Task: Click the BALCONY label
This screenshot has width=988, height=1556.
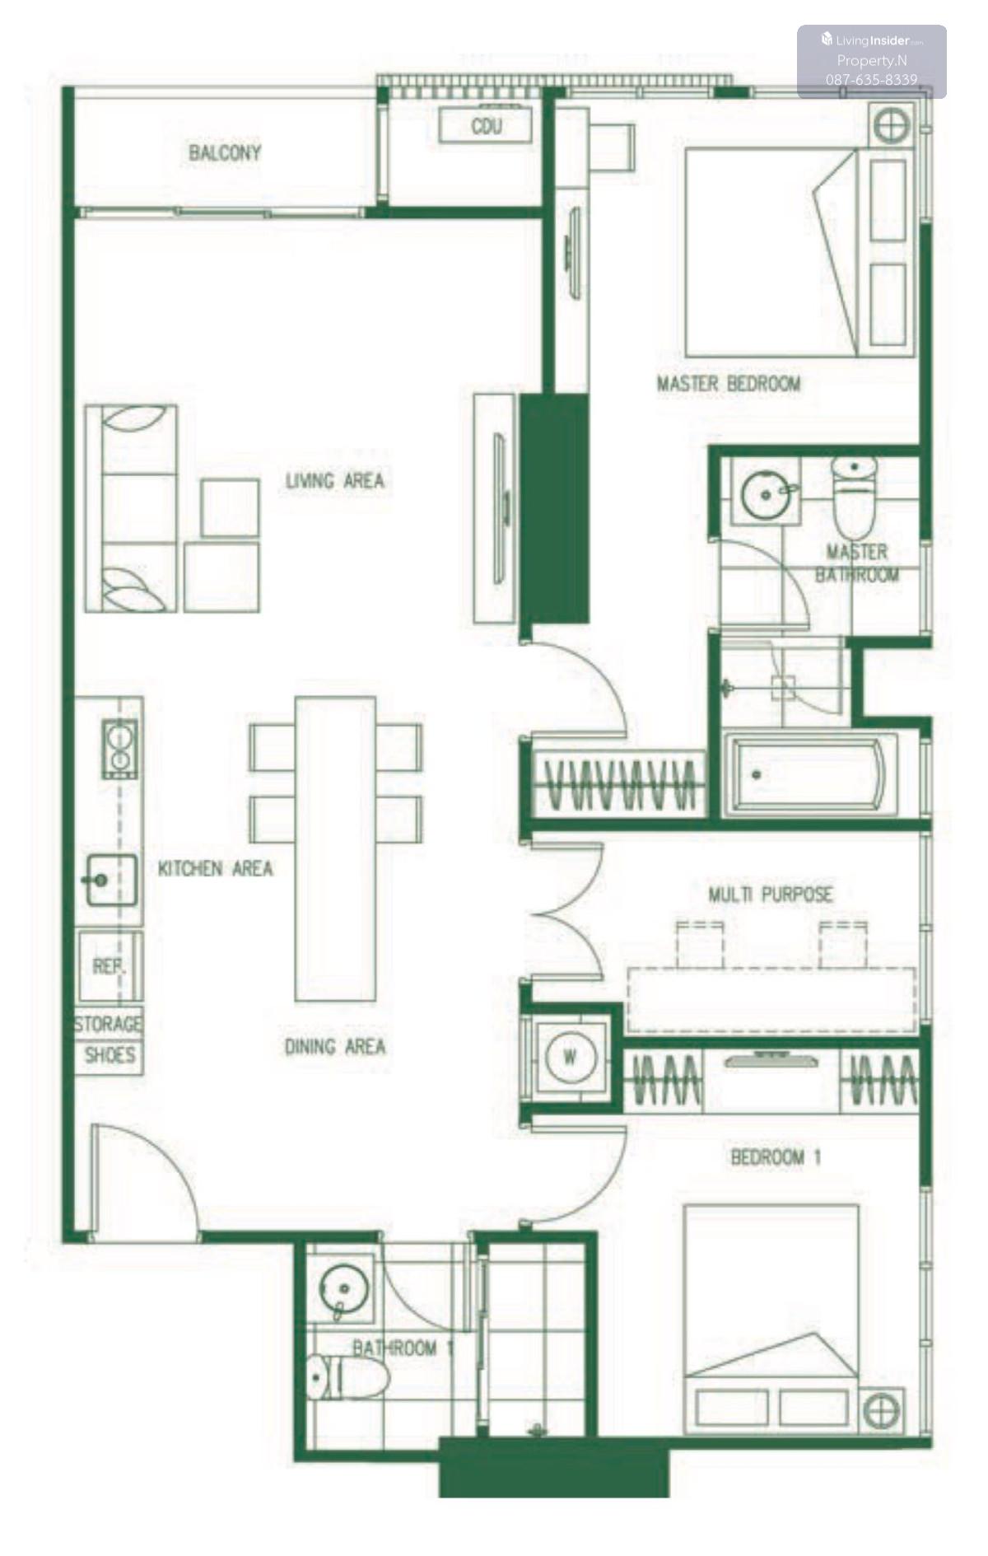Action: (x=225, y=152)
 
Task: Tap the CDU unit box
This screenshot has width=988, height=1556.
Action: (x=485, y=126)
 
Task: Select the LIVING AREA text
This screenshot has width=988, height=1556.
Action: (x=335, y=480)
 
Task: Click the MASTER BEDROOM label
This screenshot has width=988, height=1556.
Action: (x=729, y=383)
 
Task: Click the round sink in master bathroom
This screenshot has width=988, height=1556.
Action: (x=767, y=494)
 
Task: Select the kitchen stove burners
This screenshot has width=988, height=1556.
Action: (x=119, y=748)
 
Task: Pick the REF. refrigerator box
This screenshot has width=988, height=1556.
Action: (x=110, y=966)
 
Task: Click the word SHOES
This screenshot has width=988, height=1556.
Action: (x=110, y=1055)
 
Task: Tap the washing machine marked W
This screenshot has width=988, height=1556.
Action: (x=570, y=1056)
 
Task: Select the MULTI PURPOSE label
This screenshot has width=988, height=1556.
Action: (x=771, y=894)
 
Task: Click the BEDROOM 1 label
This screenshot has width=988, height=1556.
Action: (x=776, y=1157)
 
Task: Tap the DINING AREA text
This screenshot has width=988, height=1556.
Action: (x=335, y=1046)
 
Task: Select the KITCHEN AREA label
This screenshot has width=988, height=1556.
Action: (x=216, y=868)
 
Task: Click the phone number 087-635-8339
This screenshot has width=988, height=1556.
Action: (x=872, y=80)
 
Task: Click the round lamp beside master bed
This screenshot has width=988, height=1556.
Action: (x=892, y=126)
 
